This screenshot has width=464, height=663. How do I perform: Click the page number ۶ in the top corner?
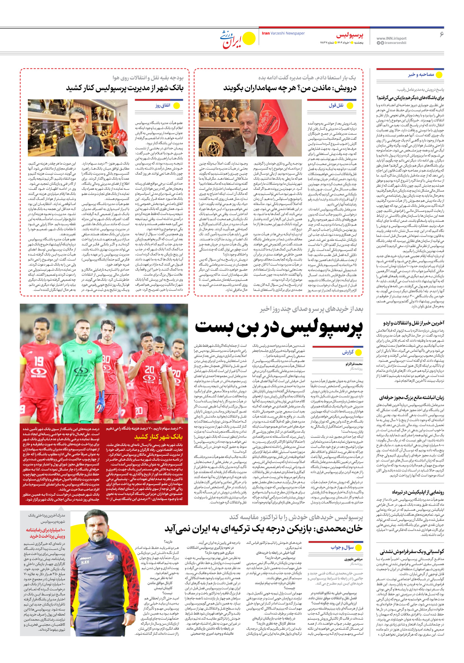441,34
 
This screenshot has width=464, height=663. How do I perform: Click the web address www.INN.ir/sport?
391,38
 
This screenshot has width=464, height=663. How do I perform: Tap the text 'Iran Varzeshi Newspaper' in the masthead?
283,33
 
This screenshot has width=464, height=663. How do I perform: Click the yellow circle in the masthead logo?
248,38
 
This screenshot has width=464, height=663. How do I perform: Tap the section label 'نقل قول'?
336,105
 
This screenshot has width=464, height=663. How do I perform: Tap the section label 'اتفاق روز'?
163,105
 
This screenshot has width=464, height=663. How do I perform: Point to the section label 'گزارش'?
348,352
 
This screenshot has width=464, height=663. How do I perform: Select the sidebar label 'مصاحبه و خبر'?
421,75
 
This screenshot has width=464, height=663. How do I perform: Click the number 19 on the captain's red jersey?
39,361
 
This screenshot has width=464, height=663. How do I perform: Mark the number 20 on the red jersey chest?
150,370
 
